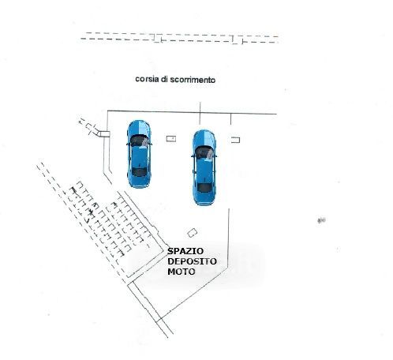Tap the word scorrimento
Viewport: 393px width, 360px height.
click(193, 80)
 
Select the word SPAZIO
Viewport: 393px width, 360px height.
click(185, 251)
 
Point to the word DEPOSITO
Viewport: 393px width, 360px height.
click(192, 261)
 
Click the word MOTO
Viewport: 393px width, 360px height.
click(182, 272)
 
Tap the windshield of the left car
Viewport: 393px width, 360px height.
click(139, 141)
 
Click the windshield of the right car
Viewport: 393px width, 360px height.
click(204, 152)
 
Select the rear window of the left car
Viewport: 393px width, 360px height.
click(139, 172)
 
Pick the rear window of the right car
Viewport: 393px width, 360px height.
click(204, 188)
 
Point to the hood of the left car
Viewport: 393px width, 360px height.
click(139, 128)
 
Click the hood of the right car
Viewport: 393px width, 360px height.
click(204, 138)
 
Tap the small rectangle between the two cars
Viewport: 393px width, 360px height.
click(171, 138)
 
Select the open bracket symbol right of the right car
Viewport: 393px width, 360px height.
click(236, 140)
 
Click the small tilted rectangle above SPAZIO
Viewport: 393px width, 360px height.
click(193, 233)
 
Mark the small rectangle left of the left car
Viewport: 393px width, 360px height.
click(104, 134)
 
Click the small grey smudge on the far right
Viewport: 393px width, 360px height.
click(321, 220)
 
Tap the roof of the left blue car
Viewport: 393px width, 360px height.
click(139, 157)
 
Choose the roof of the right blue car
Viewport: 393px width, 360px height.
click(204, 171)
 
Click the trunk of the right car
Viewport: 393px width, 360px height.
click(204, 198)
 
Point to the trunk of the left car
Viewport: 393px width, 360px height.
click(139, 182)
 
